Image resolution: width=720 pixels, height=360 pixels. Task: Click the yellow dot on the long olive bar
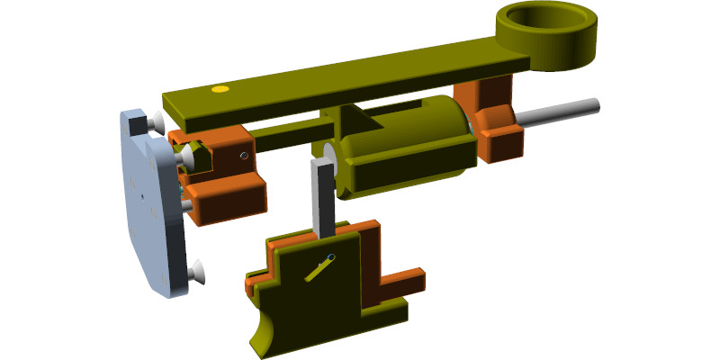218,90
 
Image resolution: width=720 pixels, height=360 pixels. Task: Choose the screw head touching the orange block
187,159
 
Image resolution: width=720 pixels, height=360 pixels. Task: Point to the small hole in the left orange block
243,155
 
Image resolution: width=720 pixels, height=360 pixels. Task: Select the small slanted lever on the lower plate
318,269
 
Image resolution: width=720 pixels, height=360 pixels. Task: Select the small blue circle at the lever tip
331,258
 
